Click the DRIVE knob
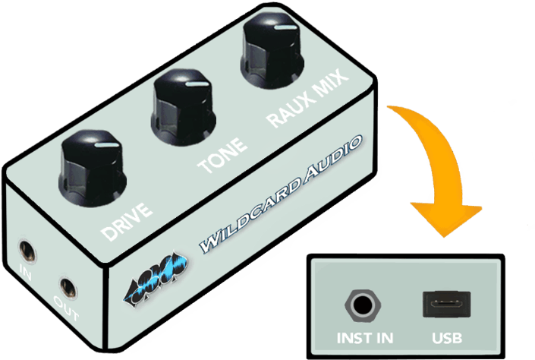pyautogui.click(x=92, y=169)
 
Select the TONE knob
pyautogui.click(x=183, y=107)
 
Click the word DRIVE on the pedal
pyautogui.click(x=127, y=222)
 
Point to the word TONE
pyautogui.click(x=222, y=156)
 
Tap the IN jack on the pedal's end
pyautogui.click(x=27, y=251)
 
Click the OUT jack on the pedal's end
pyautogui.click(x=68, y=289)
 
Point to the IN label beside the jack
pyautogui.click(x=25, y=272)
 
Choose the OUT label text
pyautogui.click(x=66, y=308)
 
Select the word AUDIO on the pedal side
pyautogui.click(x=333, y=156)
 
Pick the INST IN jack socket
pyautogui.click(x=363, y=305)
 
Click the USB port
pyautogui.click(x=447, y=305)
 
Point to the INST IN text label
pyautogui.click(x=365, y=338)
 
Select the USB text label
pyautogui.click(x=447, y=338)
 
